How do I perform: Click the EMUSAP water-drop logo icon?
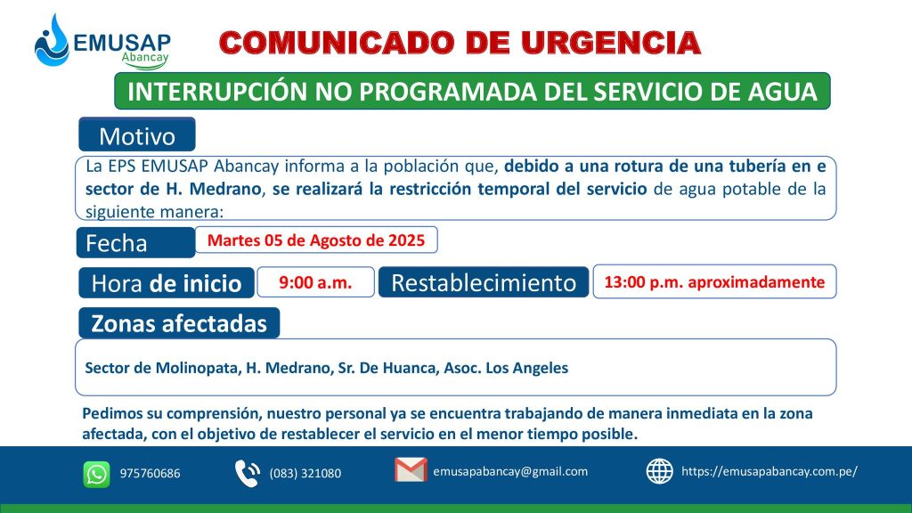pos(52,41)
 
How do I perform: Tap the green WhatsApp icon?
pos(96,474)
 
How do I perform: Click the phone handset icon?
pos(248,473)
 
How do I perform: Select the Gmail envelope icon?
pos(411,470)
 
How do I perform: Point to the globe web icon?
pos(660,471)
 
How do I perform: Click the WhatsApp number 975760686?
pos(150,474)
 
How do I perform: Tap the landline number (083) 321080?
pos(305,474)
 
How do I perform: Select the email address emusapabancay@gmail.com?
pos(510,472)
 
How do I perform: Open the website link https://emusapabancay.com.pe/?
pos(769,472)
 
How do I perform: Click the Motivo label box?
pos(137,134)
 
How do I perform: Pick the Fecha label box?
pos(135,242)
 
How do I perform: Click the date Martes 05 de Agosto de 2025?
pos(316,240)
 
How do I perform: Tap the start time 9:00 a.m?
pos(315,282)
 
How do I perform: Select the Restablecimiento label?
pos(484,282)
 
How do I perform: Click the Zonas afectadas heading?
pos(179,323)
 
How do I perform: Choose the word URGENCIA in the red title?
pos(611,43)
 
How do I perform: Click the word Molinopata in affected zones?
pos(197,368)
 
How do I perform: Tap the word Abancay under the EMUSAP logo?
pos(145,57)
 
